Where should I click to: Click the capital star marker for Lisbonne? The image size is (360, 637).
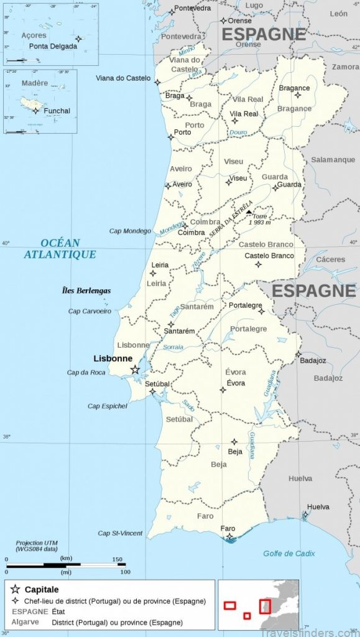point(135,370)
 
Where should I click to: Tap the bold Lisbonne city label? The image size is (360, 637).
point(113,358)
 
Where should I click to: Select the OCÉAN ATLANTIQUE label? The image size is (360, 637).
point(60,249)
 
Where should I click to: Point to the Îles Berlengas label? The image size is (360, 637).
point(86,291)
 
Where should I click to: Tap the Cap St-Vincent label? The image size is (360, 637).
point(120,533)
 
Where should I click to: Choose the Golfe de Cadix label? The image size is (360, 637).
point(288,553)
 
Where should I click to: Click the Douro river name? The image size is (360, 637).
point(238,133)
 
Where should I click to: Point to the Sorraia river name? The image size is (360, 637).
point(173,347)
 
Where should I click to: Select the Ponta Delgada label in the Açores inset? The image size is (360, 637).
point(51,46)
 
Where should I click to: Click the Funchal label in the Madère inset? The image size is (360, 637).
point(57,111)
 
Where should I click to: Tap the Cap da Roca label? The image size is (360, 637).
point(87,373)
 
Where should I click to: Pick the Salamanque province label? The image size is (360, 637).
point(333,160)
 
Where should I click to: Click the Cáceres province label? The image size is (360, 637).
point(330,259)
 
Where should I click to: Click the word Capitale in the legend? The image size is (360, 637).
point(42,589)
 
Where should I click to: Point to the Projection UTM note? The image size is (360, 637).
point(37,543)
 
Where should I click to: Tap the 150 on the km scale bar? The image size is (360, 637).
point(118,559)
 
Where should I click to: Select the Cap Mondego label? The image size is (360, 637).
point(131,231)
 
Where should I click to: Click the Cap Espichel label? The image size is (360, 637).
point(107,406)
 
